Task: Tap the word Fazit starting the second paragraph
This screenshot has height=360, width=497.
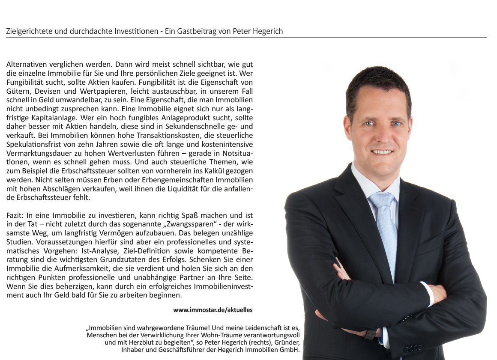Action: click(x=15, y=215)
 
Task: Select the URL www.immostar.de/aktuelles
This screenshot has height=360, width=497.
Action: click(x=213, y=309)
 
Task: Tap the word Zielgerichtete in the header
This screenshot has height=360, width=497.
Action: click(x=28, y=31)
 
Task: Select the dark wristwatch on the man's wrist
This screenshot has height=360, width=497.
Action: click(x=370, y=334)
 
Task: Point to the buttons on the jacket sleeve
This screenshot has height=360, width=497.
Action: click(x=412, y=349)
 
